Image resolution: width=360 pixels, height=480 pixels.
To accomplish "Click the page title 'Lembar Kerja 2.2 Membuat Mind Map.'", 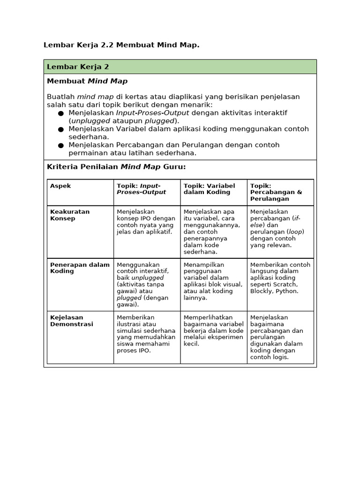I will point(121,45).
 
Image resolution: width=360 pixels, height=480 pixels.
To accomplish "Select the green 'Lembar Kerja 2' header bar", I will point(180,67).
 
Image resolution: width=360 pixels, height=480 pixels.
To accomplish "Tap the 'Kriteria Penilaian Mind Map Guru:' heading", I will point(116,166).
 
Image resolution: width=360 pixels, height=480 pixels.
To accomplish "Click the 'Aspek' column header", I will point(60,186).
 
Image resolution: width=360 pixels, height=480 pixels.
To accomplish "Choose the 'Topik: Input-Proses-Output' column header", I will point(141,189).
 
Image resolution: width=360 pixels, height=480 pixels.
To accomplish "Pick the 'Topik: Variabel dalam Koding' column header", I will point(209,189).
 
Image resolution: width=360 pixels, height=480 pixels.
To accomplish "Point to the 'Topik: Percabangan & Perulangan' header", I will point(276,192).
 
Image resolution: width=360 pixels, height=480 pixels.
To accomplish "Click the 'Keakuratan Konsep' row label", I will point(69,215).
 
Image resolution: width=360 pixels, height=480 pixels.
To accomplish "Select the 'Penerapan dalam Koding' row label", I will point(79,268).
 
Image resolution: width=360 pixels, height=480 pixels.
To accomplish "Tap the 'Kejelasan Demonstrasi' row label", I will point(71,321).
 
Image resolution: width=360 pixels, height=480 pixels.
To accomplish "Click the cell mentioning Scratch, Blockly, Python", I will point(280,277).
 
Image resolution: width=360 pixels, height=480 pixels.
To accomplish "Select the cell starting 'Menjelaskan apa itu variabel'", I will point(212,231).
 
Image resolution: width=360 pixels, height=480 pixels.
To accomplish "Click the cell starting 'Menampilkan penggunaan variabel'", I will point(213,281).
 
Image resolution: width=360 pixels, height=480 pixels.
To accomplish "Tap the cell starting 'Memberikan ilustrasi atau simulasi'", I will point(146,334).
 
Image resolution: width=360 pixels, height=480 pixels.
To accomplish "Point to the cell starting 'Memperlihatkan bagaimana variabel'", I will point(213,330).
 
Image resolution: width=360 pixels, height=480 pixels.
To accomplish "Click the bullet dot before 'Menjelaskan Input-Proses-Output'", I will point(61,113).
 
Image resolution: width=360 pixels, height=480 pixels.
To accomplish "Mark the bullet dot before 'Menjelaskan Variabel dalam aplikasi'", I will point(61,129).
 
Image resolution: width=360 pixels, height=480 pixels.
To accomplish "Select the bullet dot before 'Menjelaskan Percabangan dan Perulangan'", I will point(61,145).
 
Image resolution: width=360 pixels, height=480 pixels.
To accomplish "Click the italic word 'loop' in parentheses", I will point(295,232).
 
